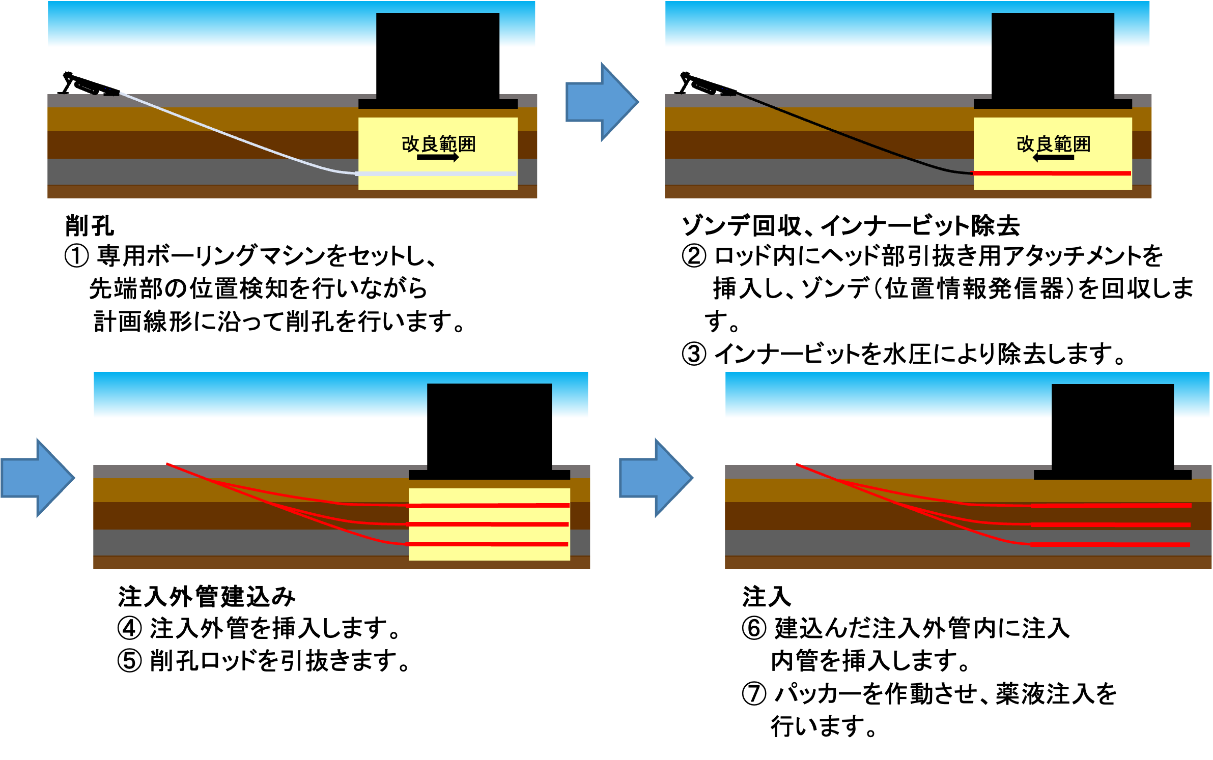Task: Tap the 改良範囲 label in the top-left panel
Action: click(x=438, y=144)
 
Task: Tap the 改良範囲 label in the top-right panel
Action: click(x=1053, y=144)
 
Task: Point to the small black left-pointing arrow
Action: click(x=1053, y=158)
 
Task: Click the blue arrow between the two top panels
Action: click(x=602, y=102)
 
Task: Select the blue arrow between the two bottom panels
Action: click(x=656, y=478)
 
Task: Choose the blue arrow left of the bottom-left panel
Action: click(x=38, y=478)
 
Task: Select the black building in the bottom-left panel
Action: click(x=489, y=425)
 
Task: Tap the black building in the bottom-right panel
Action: click(x=1113, y=425)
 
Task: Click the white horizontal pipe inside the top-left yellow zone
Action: click(x=438, y=174)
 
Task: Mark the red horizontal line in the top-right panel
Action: click(x=1053, y=173)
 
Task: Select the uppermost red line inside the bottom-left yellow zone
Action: click(x=489, y=506)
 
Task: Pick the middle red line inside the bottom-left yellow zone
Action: click(x=489, y=524)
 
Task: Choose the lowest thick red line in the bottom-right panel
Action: click(x=1110, y=545)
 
